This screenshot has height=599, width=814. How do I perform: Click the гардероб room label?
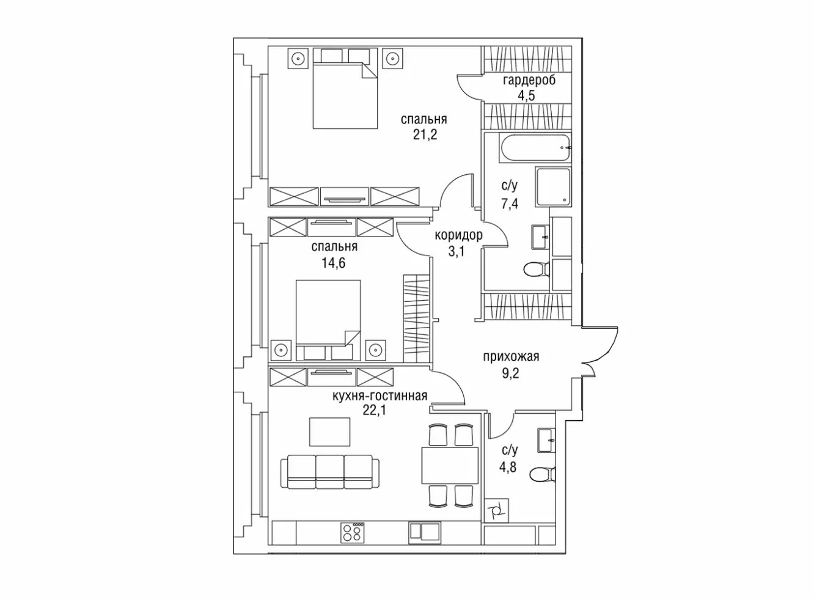[529, 80]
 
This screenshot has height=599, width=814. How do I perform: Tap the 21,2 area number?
[425, 135]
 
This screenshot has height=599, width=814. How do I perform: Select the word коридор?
[458, 235]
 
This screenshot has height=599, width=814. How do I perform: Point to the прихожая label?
[510, 357]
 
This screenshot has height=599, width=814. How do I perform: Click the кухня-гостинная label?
[380, 395]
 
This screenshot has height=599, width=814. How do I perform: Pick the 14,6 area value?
[333, 262]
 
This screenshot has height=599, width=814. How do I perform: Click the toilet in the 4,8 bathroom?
[543, 474]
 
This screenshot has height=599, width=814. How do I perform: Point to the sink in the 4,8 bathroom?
[546, 440]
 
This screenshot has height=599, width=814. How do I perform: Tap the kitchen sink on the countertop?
[425, 533]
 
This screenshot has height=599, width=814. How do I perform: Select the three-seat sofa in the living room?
[330, 472]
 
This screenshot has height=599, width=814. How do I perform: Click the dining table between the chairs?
[450, 466]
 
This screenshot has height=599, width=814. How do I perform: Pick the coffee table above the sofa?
[329, 432]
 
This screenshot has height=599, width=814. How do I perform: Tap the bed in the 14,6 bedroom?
[329, 320]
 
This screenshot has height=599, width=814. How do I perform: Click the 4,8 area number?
[508, 466]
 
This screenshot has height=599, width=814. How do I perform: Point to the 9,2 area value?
[510, 373]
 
